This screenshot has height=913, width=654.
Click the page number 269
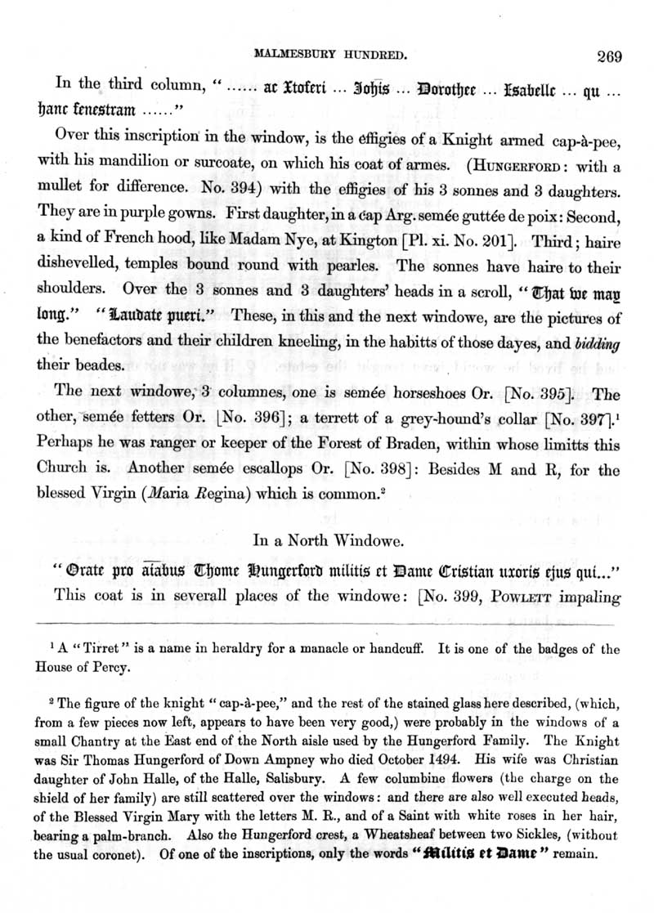pyautogui.click(x=610, y=56)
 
